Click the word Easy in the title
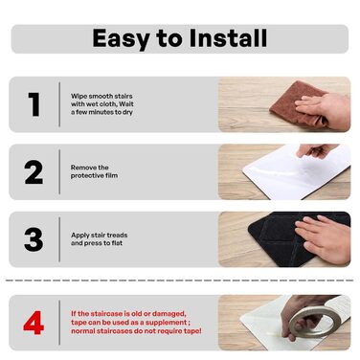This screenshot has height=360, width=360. tap(122, 39)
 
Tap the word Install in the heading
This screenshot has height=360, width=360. tap(228, 38)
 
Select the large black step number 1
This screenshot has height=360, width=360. tap(34, 104)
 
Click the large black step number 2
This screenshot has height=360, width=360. tap(34, 172)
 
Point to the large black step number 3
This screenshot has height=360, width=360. tap(34, 239)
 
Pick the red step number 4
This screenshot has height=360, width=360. tap(34, 323)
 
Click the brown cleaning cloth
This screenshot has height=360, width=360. tap(297, 102)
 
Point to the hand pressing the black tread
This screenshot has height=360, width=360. tap(323, 237)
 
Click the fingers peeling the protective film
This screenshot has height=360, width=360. tap(316, 150)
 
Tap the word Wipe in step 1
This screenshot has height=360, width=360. tap(79, 96)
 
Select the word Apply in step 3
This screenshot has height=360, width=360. tap(80, 236)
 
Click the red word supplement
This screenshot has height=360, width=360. tap(170, 323)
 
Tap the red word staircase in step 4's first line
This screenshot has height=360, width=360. tap(106, 314)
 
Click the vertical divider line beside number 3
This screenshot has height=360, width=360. tap(59, 239)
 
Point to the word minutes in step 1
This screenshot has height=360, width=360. tap(101, 112)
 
